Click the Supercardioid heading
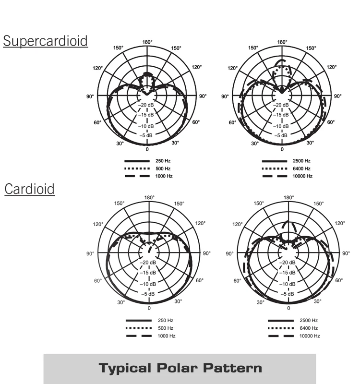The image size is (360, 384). [x=46, y=41]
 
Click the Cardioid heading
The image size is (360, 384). [x=30, y=189]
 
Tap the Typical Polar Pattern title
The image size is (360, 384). [x=180, y=368]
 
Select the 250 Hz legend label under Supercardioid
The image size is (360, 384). [x=164, y=161]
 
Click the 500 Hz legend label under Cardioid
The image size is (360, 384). [x=166, y=328]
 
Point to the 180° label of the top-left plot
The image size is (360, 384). [x=147, y=42]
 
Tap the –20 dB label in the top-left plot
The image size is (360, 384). [x=147, y=105]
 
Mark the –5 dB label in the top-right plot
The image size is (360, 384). [x=282, y=136]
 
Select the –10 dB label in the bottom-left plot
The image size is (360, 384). [x=148, y=283]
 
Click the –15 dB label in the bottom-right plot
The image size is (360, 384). [x=288, y=273]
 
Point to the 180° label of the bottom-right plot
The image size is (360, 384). [x=288, y=198]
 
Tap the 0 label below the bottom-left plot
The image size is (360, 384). [x=149, y=308]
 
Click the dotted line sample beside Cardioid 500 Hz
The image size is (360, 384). [x=139, y=328]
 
